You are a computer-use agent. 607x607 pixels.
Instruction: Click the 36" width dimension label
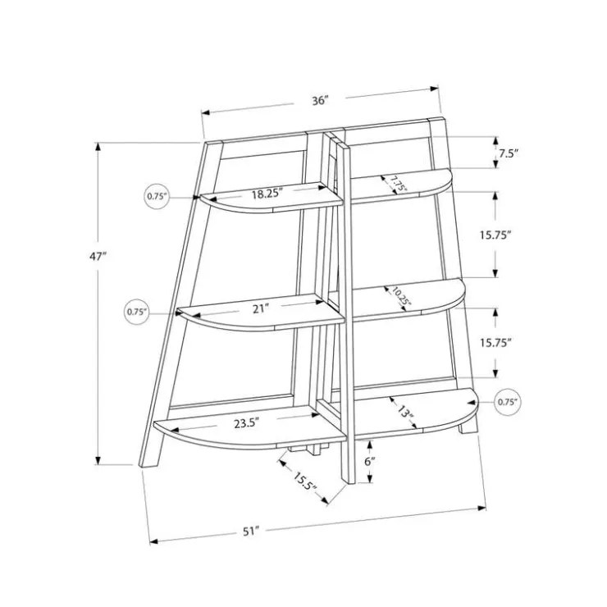(x=321, y=101)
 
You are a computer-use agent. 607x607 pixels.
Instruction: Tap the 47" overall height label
(x=98, y=256)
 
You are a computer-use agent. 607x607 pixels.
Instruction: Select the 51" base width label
(x=251, y=532)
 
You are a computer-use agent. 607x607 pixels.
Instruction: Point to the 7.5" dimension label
(x=508, y=153)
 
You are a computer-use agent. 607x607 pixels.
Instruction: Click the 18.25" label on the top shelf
(x=267, y=193)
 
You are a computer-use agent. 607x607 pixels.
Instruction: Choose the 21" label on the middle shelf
(x=261, y=309)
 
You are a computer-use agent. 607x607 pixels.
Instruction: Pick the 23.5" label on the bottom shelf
(x=247, y=423)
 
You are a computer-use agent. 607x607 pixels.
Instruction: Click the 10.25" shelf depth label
(x=400, y=296)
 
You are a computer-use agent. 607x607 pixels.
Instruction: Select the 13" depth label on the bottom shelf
(x=405, y=413)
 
